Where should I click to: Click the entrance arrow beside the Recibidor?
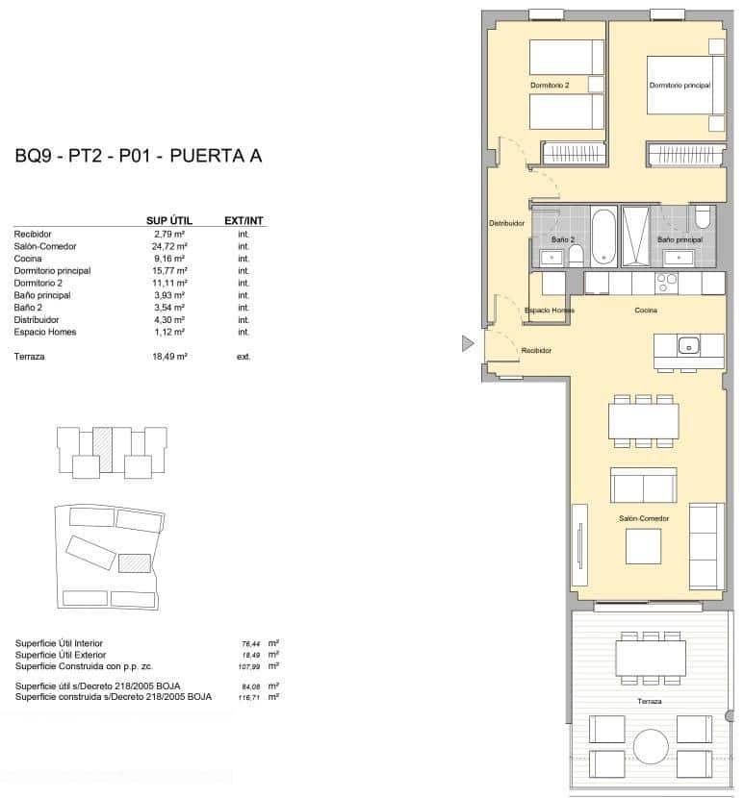[x=468, y=343]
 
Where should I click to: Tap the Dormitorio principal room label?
[x=680, y=86]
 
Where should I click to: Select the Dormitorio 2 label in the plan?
[x=550, y=86]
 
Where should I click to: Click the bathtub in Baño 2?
[x=602, y=237]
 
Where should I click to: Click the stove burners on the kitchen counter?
[x=666, y=282]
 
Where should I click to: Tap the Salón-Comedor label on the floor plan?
[x=644, y=518]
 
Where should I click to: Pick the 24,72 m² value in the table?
[x=169, y=246]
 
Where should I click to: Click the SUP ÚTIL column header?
[x=169, y=220]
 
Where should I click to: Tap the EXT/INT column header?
[x=244, y=220]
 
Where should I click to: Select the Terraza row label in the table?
[x=30, y=357]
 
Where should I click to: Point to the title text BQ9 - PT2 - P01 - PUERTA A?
[x=139, y=157]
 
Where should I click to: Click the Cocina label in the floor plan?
[x=646, y=311]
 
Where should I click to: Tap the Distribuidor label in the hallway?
[x=506, y=223]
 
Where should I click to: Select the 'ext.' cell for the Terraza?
[x=244, y=357]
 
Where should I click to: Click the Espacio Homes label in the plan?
[x=550, y=311]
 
